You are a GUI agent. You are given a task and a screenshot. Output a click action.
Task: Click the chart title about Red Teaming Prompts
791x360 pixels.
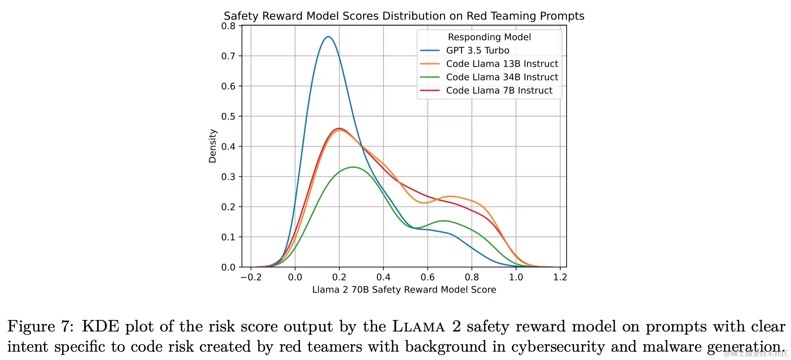coord(404,16)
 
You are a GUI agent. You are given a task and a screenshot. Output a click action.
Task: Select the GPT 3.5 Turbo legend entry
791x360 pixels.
coord(477,50)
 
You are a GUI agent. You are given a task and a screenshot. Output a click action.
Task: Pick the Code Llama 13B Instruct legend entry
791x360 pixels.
coord(502,64)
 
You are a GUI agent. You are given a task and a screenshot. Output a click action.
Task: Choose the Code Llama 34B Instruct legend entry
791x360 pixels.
coord(502,77)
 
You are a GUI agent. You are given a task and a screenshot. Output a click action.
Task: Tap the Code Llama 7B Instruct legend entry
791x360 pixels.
coord(499,90)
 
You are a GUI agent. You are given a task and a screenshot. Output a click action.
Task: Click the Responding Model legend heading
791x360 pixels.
coord(489,37)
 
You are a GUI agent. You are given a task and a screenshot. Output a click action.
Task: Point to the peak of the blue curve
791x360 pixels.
coord(328,37)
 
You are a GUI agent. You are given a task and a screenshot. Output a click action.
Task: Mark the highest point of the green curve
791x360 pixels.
coord(353,167)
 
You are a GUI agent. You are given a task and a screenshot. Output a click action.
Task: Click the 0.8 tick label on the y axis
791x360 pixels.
coord(228,26)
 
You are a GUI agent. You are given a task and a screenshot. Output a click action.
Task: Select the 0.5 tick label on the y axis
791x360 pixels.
coord(228,117)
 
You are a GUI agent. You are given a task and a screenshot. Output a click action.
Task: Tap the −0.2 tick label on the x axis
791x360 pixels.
coord(251,277)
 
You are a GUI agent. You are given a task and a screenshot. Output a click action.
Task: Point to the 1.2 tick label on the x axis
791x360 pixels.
coord(560,277)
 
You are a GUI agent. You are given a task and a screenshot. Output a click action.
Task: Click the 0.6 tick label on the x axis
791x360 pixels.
coord(427,277)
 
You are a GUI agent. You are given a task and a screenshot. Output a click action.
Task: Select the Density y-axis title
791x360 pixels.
coord(213,146)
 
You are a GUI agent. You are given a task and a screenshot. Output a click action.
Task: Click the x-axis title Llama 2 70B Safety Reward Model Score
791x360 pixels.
coord(404,290)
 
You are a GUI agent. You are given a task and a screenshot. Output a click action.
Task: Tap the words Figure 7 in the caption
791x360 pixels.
coord(40,327)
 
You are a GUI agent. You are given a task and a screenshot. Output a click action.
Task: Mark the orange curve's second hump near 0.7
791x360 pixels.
coord(450,197)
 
